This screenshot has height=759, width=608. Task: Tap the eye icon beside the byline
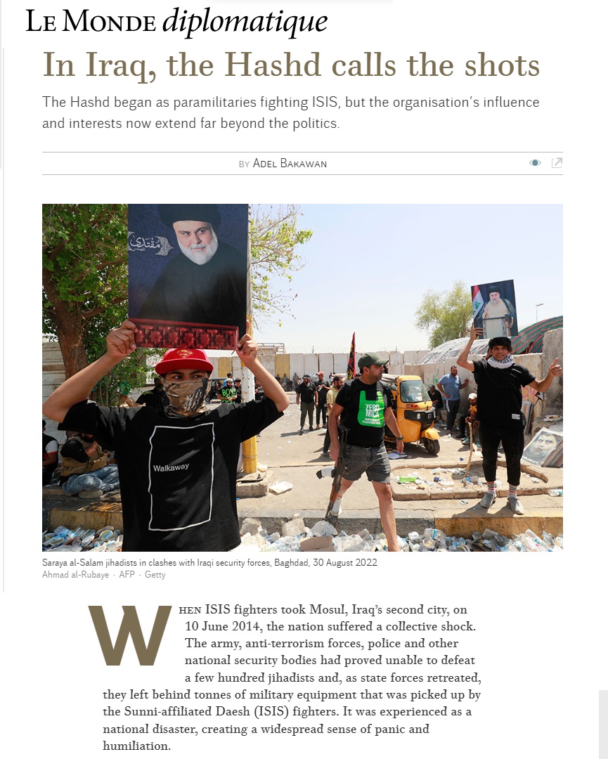coord(535,163)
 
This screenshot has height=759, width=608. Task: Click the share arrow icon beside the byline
coord(557,163)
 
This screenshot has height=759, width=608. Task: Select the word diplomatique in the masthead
coord(245,22)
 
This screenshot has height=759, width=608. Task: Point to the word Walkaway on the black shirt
coord(171,467)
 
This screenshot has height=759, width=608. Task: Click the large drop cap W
coord(130,636)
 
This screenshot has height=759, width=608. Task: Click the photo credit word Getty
coord(155,575)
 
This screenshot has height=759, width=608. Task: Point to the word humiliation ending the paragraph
coord(136,746)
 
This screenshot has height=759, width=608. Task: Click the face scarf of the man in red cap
coord(186,395)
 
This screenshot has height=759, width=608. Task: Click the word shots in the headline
coord(498,65)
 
